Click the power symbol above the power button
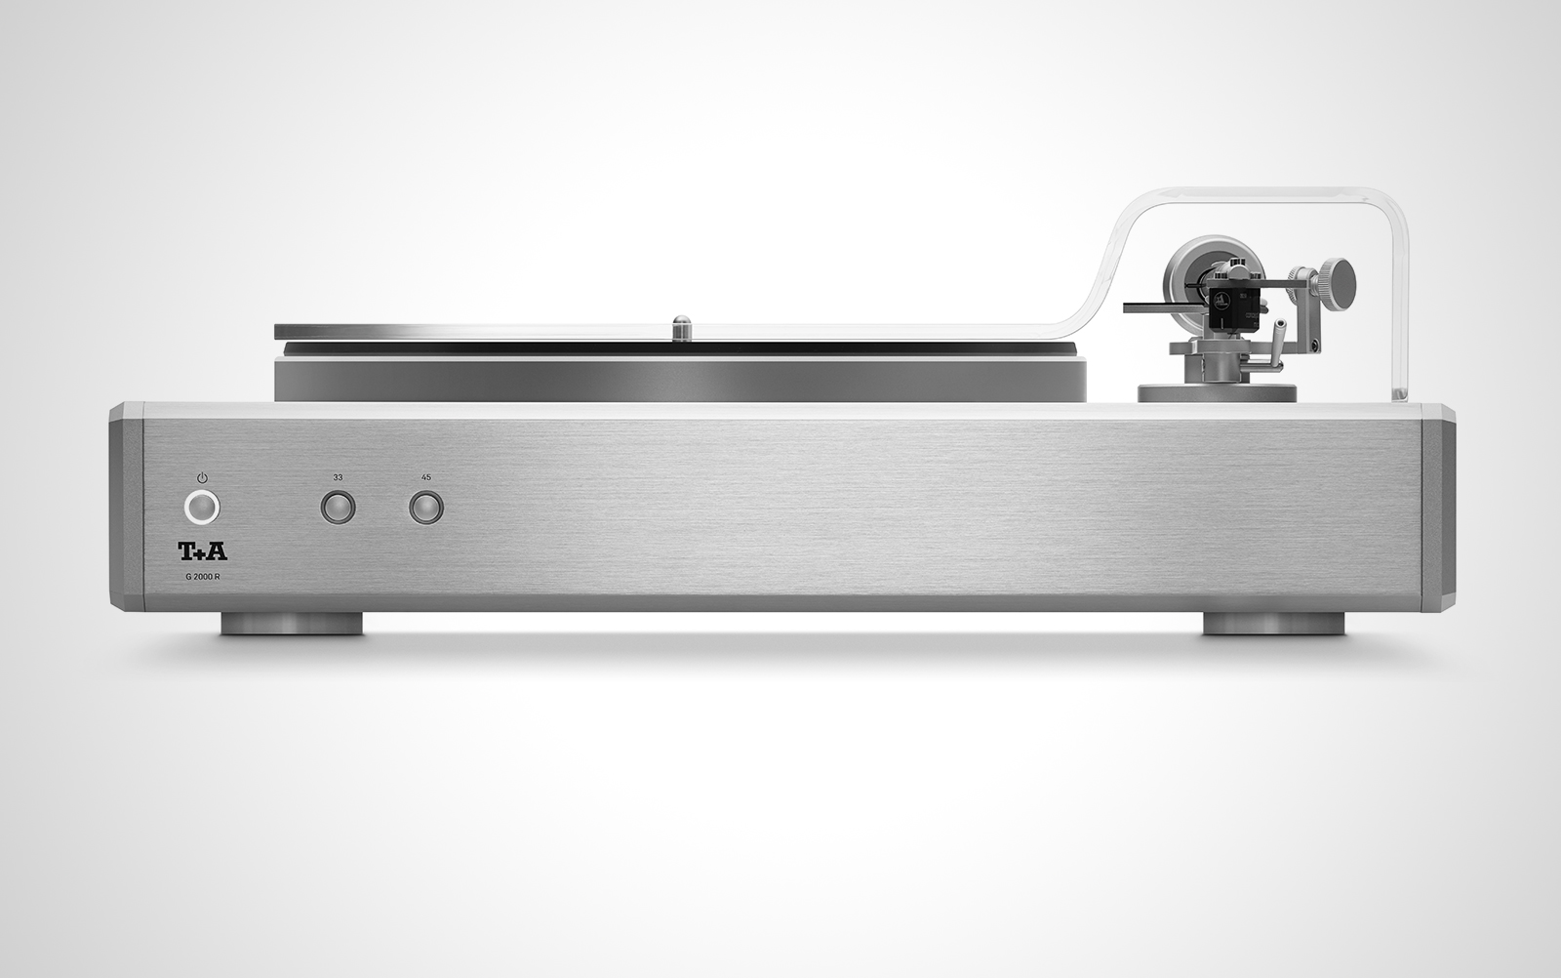tap(202, 477)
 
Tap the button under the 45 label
tap(425, 509)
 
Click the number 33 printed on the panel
tap(338, 477)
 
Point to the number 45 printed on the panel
tap(425, 477)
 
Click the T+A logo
tap(203, 552)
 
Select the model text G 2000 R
tap(203, 577)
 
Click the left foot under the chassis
tap(292, 624)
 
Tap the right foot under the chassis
tap(1274, 624)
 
